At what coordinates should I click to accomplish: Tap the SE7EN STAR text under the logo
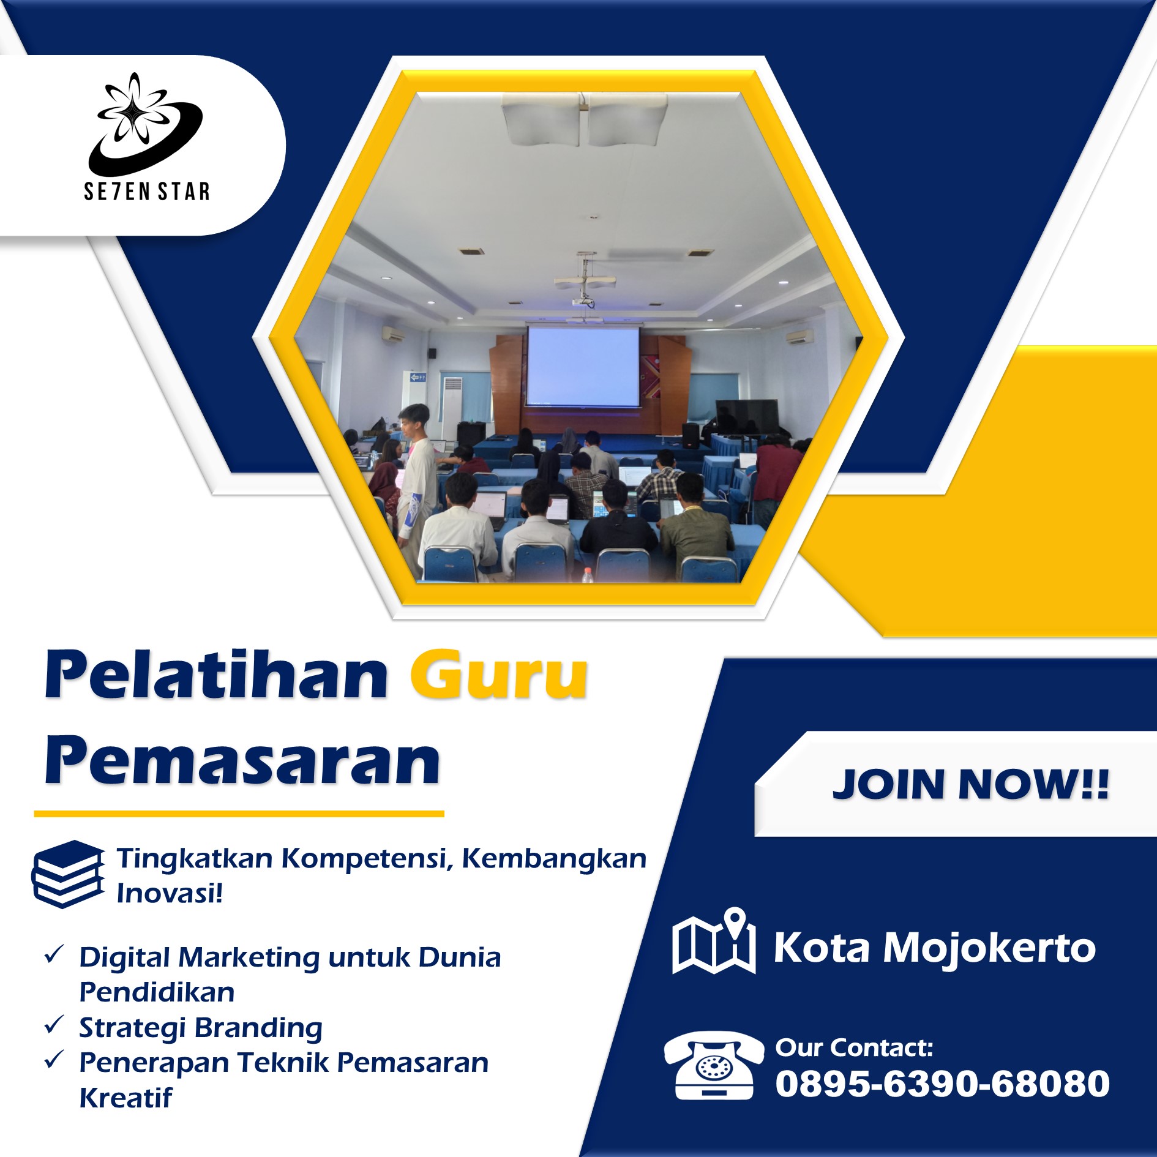[x=147, y=192]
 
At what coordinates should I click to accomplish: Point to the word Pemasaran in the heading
[x=242, y=761]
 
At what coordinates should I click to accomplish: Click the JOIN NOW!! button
[x=970, y=784]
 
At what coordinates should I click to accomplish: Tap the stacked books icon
[x=68, y=874]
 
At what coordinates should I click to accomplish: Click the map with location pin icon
[x=714, y=941]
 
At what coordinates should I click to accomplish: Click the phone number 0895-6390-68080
[x=942, y=1084]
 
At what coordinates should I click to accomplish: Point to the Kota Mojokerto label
[x=935, y=948]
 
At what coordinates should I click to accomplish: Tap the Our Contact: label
[x=854, y=1047]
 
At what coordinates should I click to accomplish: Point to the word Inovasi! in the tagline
[x=170, y=893]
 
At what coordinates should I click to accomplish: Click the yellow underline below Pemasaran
[x=239, y=814]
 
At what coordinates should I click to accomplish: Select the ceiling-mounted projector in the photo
[x=583, y=301]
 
